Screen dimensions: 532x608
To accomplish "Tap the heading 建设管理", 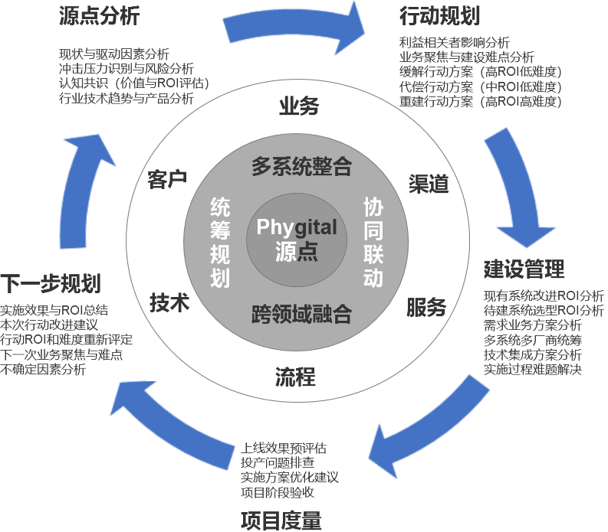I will click(x=524, y=269).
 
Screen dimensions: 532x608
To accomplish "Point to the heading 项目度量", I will click(x=281, y=520).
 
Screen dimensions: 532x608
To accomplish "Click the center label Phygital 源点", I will click(x=297, y=239).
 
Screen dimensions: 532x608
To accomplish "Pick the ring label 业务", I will click(x=298, y=106).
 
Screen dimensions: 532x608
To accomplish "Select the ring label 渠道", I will click(x=428, y=183).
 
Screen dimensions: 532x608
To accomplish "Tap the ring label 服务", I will click(x=426, y=307).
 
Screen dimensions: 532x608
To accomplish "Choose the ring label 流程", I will click(x=295, y=376).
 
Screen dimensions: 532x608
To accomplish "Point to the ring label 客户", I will click(x=167, y=180).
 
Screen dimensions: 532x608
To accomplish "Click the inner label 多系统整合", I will click(x=301, y=166).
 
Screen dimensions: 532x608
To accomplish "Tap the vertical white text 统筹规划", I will click(x=220, y=241).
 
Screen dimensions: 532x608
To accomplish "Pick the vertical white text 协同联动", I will click(x=373, y=241).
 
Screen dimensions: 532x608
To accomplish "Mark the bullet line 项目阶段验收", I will click(x=278, y=491).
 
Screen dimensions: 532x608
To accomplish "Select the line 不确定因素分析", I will click(x=43, y=369).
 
